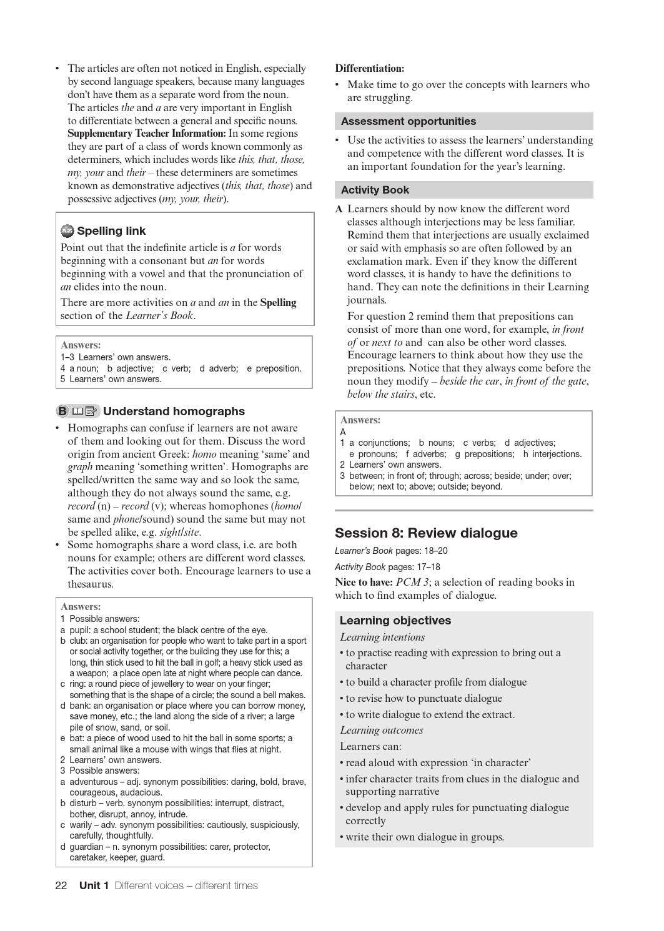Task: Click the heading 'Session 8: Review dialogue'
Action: [x=426, y=533]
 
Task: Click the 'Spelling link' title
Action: [x=111, y=231]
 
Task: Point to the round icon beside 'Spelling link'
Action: [x=67, y=231]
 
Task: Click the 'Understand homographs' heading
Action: [x=174, y=411]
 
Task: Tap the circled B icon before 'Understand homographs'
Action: [x=62, y=411]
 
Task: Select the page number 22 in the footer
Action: [x=61, y=885]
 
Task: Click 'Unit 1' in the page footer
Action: [x=94, y=885]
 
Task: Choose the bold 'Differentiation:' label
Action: [x=370, y=69]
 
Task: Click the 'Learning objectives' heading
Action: [x=395, y=621]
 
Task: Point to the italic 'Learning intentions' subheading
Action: [x=382, y=638]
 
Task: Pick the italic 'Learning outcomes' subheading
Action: [x=382, y=731]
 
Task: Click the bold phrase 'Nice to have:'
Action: [x=364, y=583]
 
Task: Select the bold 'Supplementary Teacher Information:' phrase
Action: [x=147, y=134]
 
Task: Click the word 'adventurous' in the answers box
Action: [x=94, y=782]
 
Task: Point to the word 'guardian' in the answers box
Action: [x=86, y=847]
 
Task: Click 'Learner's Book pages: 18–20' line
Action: [x=391, y=551]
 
